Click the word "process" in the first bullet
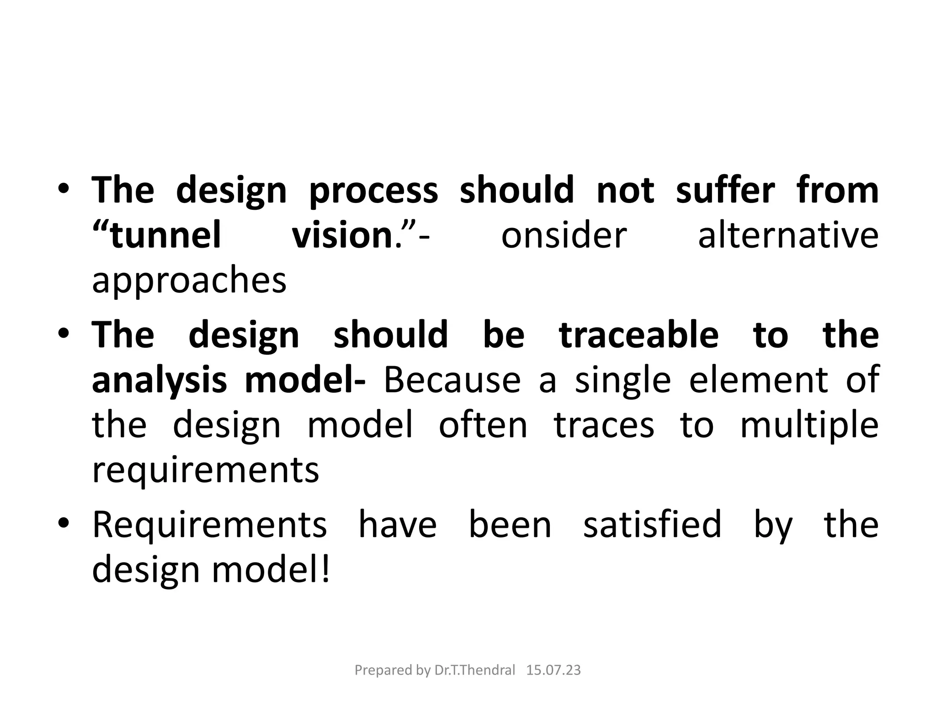pyautogui.click(x=373, y=191)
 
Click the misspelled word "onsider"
pyautogui.click(x=564, y=235)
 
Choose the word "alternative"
pyautogui.click(x=788, y=235)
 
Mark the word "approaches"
pyautogui.click(x=189, y=281)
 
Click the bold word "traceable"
pyautogui.click(x=639, y=335)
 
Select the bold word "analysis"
pyautogui.click(x=160, y=380)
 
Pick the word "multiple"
pyautogui.click(x=809, y=425)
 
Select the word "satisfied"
pyautogui.click(x=652, y=524)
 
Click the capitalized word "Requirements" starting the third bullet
pyautogui.click(x=210, y=524)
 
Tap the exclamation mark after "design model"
pyautogui.click(x=326, y=569)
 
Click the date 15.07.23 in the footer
pyautogui.click(x=553, y=670)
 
